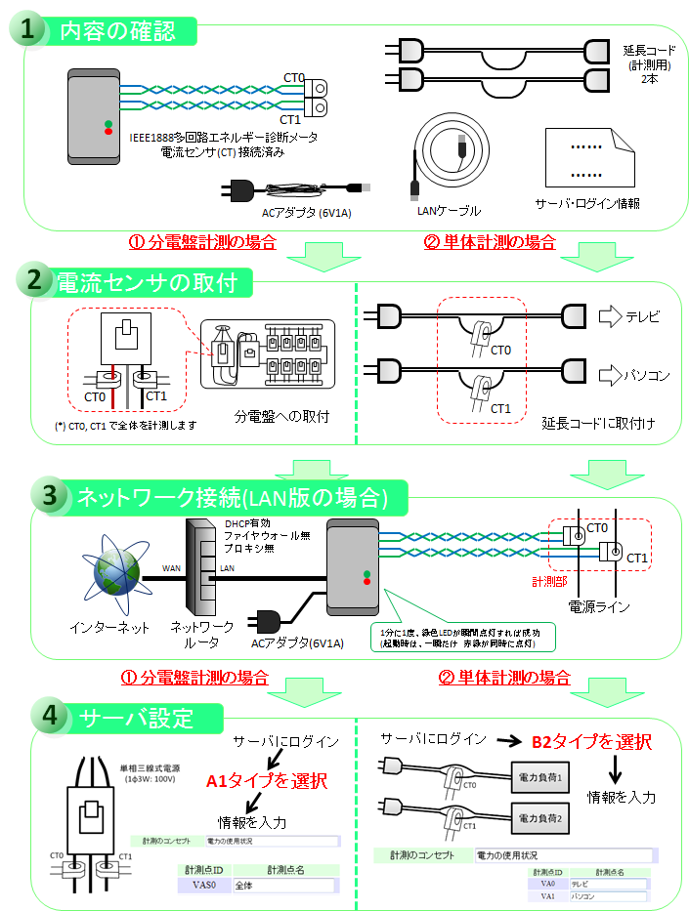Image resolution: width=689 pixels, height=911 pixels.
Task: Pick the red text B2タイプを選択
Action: (x=591, y=742)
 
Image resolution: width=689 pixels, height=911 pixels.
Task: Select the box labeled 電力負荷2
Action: (x=540, y=817)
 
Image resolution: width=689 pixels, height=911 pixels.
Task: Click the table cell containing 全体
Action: (x=284, y=886)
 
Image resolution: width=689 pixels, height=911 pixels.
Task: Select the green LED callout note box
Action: (x=465, y=637)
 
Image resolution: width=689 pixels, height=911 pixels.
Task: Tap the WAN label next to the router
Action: (x=171, y=567)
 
